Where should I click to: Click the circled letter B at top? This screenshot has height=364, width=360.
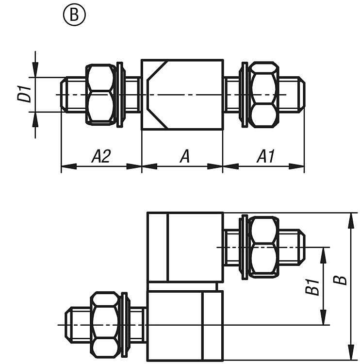click(74, 15)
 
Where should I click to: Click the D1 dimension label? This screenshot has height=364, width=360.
click(24, 94)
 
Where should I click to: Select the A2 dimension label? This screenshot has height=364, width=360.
click(101, 156)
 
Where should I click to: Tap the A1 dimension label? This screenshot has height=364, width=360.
click(265, 156)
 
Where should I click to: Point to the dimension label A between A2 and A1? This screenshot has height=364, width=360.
click(185, 156)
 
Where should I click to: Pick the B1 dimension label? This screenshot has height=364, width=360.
click(312, 287)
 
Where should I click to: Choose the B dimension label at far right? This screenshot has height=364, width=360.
click(340, 280)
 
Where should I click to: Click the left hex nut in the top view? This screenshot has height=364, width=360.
click(101, 95)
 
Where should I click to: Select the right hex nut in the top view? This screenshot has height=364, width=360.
click(263, 95)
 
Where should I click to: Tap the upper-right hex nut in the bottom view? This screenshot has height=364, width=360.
click(263, 248)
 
